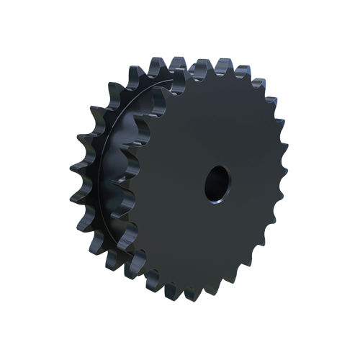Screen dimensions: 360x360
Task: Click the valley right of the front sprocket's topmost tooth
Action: click(x=232, y=76)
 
